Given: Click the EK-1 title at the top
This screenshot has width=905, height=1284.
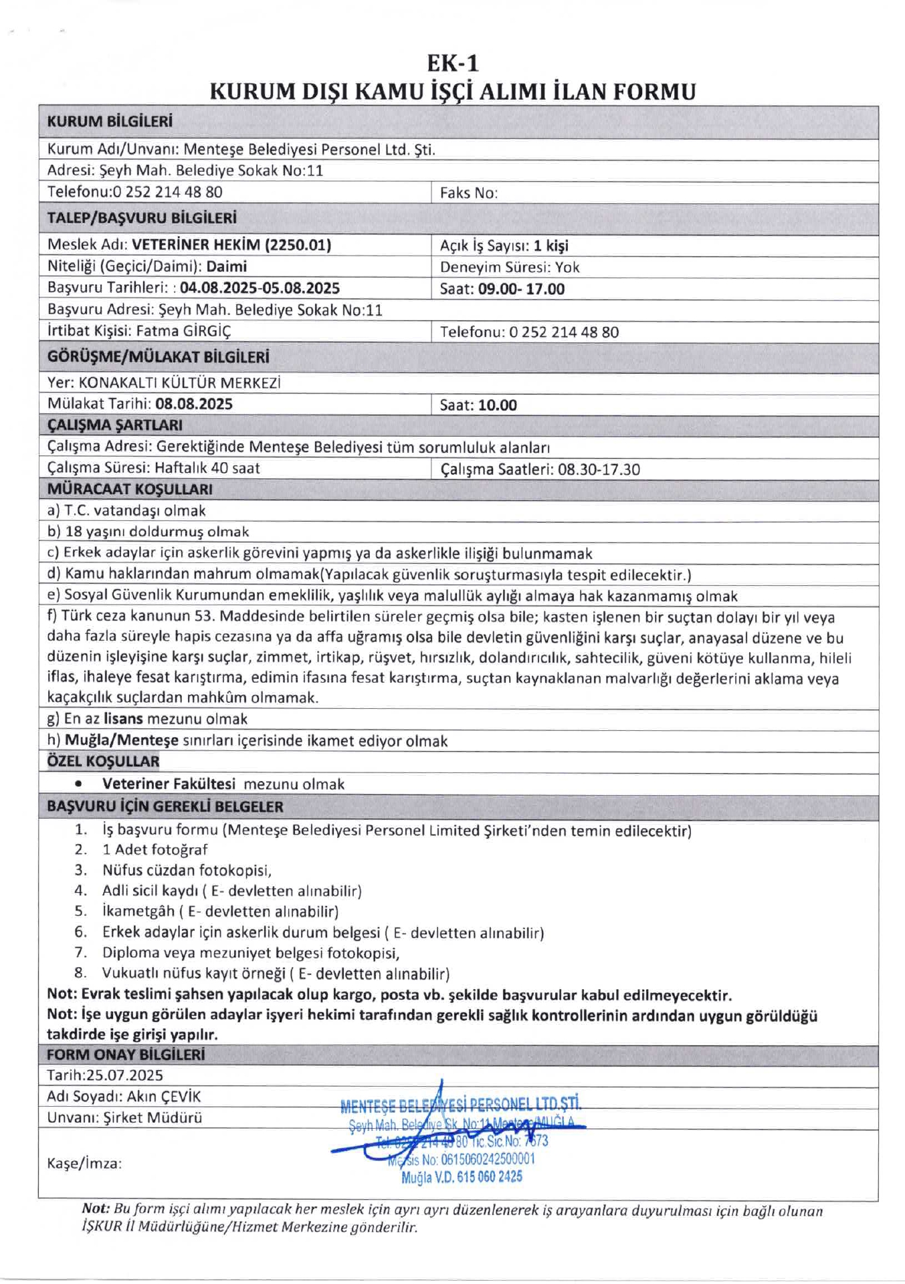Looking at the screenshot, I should click(x=453, y=64).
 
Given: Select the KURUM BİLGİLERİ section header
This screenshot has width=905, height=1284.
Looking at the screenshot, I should click(x=110, y=122).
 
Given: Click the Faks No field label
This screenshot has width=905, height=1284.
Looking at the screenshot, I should click(x=468, y=193).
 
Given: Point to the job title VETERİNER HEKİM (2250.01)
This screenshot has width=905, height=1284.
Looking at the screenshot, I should click(x=231, y=245).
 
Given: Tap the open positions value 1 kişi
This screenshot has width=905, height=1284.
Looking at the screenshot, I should click(x=550, y=245).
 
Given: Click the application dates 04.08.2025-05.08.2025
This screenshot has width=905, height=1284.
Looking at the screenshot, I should click(x=260, y=288).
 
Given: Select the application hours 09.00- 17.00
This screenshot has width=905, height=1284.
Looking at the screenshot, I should click(x=521, y=289).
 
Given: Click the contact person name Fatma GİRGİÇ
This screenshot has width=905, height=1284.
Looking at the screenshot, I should click(x=183, y=331).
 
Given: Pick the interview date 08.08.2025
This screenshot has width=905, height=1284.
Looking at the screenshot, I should click(x=194, y=404).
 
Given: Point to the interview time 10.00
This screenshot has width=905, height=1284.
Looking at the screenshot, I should click(x=497, y=405).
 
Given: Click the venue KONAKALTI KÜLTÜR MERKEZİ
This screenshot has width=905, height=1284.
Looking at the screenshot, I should click(x=179, y=383).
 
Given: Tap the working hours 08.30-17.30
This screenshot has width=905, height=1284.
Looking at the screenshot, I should click(x=599, y=469).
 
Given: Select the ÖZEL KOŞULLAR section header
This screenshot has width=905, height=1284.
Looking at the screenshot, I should click(x=103, y=761).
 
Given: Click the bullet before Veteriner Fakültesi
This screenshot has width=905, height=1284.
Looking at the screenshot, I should click(x=79, y=783).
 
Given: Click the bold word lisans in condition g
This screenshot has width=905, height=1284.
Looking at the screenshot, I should click(x=123, y=719).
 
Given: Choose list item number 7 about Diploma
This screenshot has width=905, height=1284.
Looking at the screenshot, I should click(x=251, y=953).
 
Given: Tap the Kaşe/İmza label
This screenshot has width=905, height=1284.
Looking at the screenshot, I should click(x=84, y=1164).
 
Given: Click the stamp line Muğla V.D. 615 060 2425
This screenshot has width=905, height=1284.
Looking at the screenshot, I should click(x=462, y=1177).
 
